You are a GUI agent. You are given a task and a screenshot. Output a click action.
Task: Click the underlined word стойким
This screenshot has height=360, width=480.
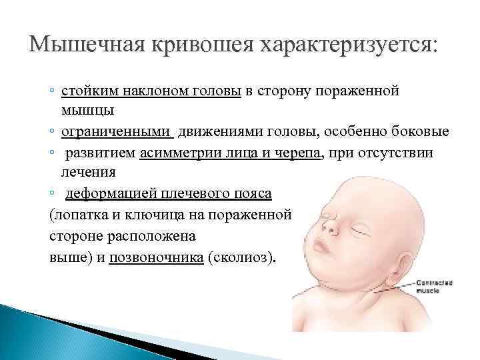(x=87, y=91)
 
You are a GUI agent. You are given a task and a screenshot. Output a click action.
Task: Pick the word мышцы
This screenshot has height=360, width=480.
(x=87, y=111)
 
